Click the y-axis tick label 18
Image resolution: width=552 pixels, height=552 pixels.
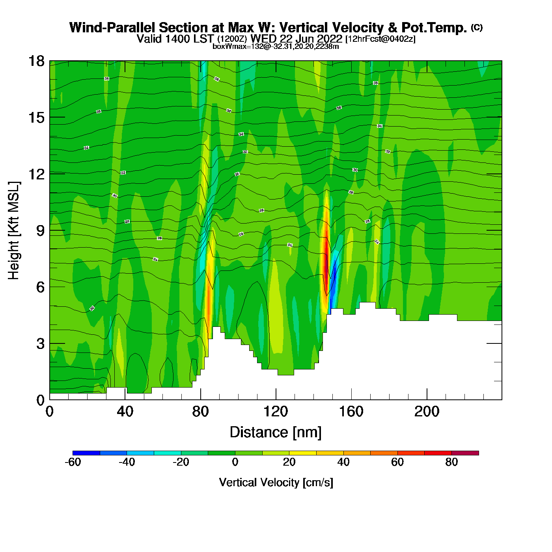(36, 61)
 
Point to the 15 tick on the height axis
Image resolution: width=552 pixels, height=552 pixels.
(36, 117)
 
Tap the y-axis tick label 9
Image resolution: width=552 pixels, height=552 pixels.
(40, 231)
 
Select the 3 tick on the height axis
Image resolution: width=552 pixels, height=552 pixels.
(40, 343)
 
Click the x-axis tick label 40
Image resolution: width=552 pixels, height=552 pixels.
(125, 412)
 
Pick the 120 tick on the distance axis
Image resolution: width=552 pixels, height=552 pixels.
(276, 412)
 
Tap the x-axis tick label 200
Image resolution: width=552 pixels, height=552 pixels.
(427, 412)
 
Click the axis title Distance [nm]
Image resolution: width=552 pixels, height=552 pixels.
(276, 433)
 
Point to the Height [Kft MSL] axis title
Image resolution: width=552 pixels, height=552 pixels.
(14, 231)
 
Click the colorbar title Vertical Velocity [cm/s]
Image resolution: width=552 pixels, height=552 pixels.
(276, 482)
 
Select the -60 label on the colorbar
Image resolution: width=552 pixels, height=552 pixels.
(73, 462)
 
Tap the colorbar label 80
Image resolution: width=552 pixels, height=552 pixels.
(451, 462)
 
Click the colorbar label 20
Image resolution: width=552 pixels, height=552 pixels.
(289, 462)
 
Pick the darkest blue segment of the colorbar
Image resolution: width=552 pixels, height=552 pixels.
(86, 453)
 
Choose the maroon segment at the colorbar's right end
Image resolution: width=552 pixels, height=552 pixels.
(465, 453)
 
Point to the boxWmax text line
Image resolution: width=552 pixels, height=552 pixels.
(276, 46)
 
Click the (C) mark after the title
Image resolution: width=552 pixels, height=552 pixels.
(477, 27)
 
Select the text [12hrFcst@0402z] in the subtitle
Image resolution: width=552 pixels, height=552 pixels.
(380, 39)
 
